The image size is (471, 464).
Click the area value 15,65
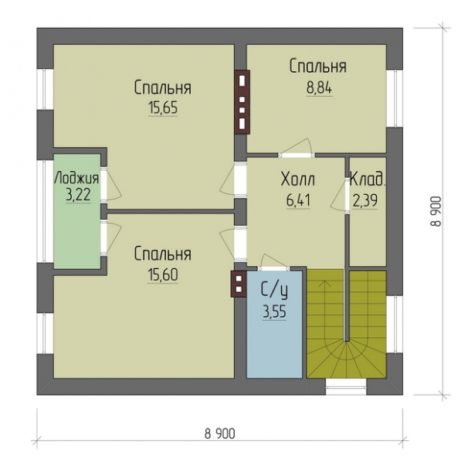click(x=163, y=107)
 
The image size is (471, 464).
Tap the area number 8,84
click(x=319, y=88)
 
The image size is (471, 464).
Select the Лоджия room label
click(x=76, y=178)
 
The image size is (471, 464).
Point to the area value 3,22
click(x=78, y=196)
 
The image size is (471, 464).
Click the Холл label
click(x=298, y=179)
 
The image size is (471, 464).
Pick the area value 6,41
click(x=298, y=201)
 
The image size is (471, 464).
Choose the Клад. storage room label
click(x=368, y=179)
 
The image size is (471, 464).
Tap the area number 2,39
click(x=364, y=201)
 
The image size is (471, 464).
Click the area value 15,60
click(x=163, y=275)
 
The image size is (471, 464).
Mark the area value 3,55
click(x=275, y=312)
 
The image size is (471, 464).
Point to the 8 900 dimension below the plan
click(x=220, y=434)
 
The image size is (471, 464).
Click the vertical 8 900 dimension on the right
click(x=436, y=211)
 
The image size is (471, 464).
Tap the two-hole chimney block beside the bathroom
click(x=239, y=284)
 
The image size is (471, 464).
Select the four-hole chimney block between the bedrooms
click(x=242, y=102)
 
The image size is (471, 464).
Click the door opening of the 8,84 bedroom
click(x=296, y=155)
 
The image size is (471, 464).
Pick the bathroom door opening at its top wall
click(x=274, y=268)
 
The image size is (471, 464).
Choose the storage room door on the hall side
click(x=347, y=196)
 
